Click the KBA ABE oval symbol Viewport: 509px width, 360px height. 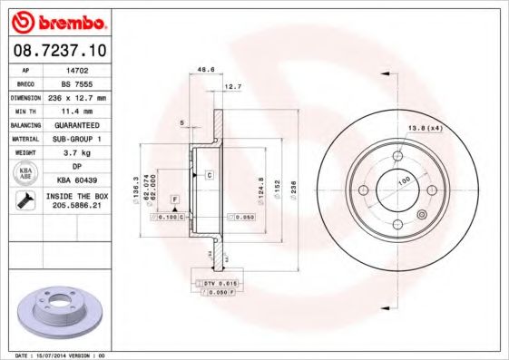[x=26, y=174]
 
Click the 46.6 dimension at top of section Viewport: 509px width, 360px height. [x=206, y=68]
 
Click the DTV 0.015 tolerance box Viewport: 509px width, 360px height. [x=213, y=284]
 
